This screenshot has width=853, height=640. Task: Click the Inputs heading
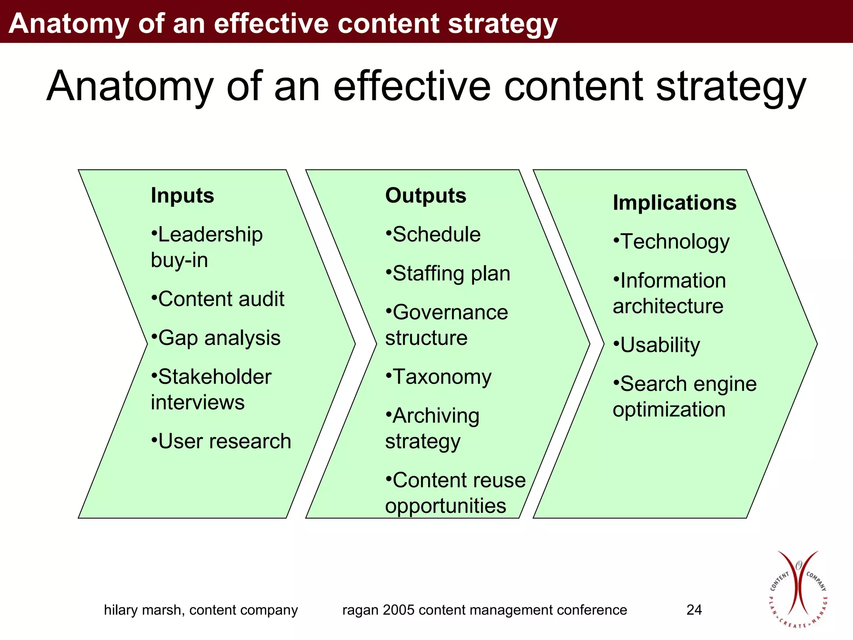click(x=182, y=195)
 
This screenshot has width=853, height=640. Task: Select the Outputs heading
click(x=426, y=195)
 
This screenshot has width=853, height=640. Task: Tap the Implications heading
click(x=674, y=202)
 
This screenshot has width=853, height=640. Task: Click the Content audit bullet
click(x=217, y=299)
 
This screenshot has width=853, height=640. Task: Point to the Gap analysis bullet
click(x=216, y=338)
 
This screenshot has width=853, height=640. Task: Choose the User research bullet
click(x=221, y=441)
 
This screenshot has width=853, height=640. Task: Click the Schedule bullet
click(x=433, y=234)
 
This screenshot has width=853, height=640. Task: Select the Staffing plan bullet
click(x=448, y=273)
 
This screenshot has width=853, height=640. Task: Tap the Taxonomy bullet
click(x=438, y=377)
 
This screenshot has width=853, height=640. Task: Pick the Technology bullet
click(x=671, y=242)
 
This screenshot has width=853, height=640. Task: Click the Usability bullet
click(x=656, y=345)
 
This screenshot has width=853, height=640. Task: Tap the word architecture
click(x=668, y=306)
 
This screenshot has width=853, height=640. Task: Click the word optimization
click(x=669, y=410)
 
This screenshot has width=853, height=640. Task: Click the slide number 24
click(x=694, y=610)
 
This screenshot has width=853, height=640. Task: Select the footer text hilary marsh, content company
click(x=201, y=610)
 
